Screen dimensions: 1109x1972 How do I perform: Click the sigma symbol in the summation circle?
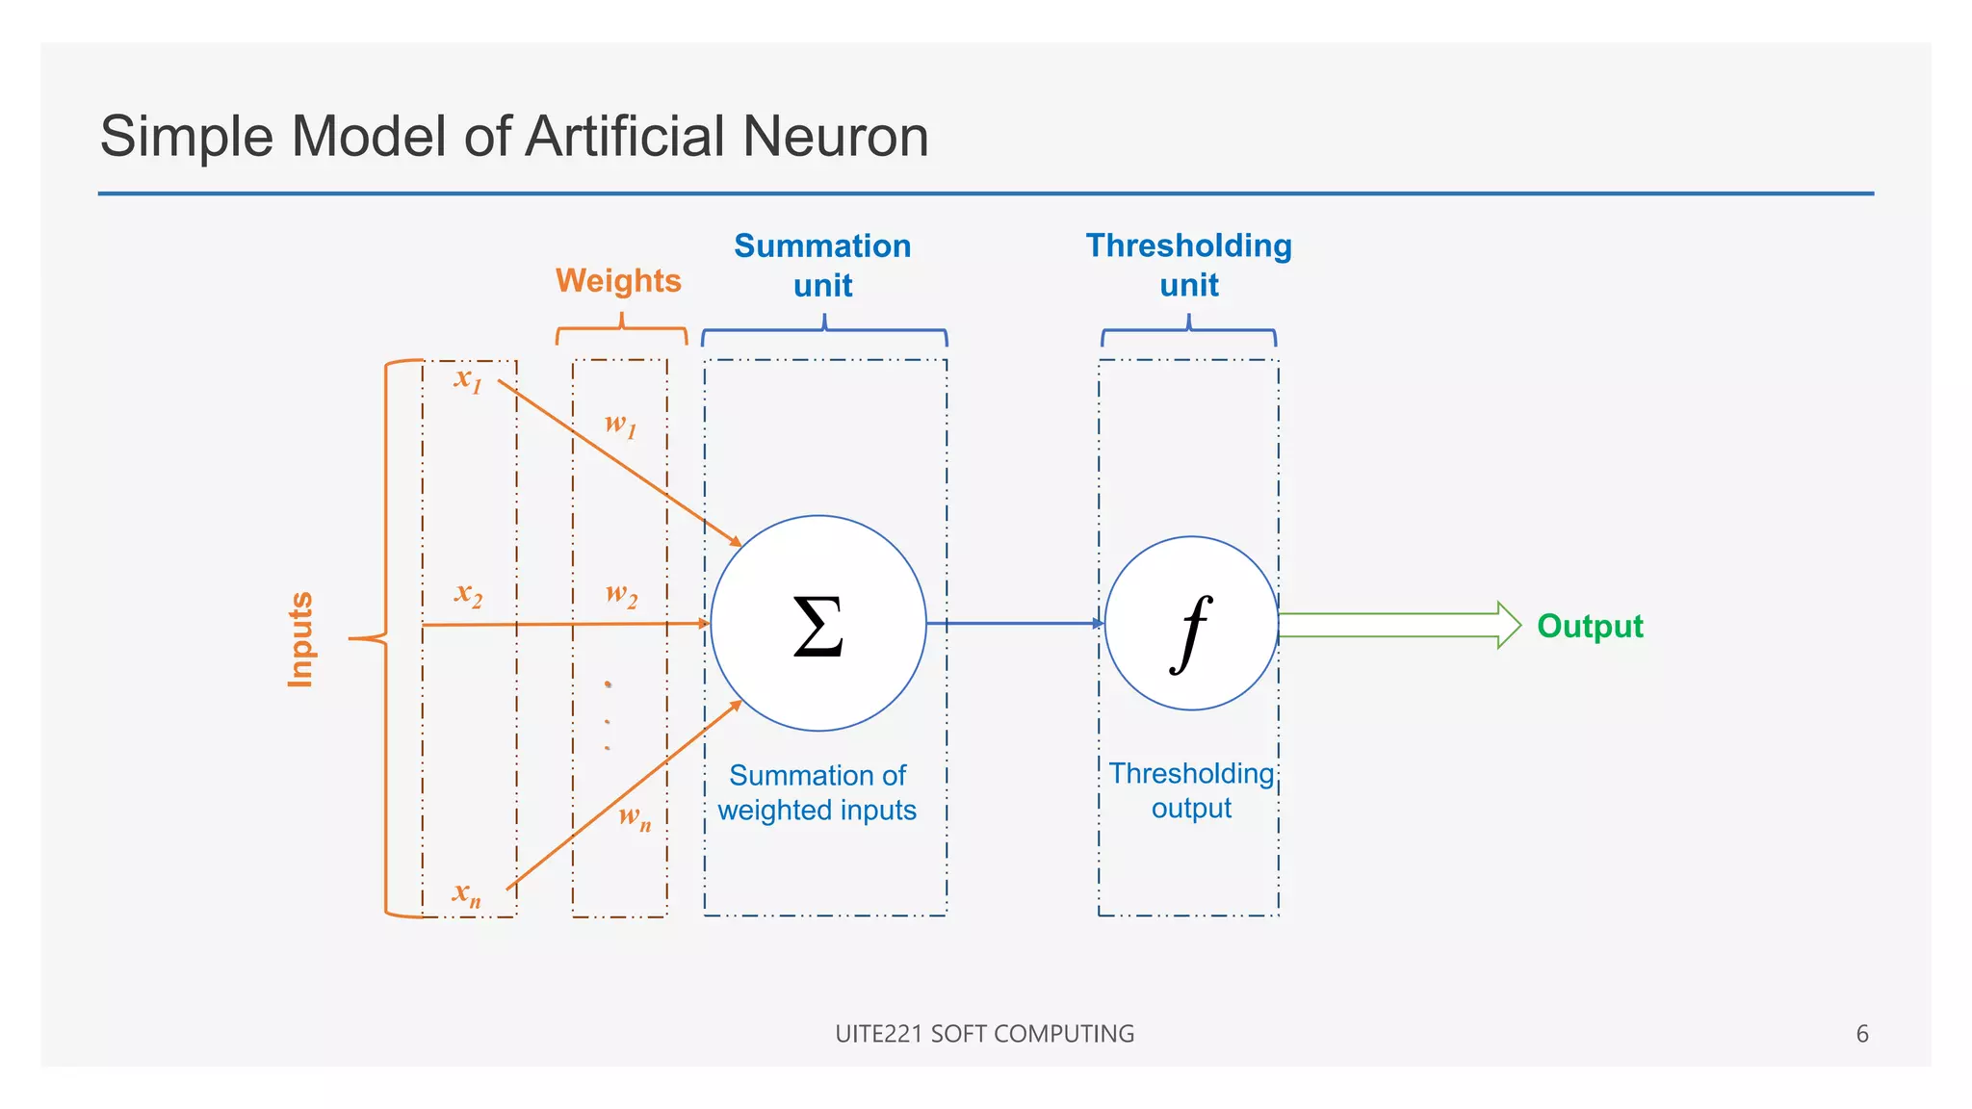point(818,626)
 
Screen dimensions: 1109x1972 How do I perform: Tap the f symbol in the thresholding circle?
point(1191,632)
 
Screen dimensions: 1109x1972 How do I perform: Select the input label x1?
point(468,379)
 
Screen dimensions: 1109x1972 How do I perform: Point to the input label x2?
point(468,594)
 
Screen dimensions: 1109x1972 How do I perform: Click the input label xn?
point(467,894)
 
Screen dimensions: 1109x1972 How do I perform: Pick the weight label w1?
point(620,425)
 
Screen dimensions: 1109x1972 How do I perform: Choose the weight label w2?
point(621,594)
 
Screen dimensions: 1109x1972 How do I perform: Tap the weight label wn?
point(635,818)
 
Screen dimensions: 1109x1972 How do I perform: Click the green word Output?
point(1590,626)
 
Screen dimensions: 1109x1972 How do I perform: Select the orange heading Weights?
point(618,281)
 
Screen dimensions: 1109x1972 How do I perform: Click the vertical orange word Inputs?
point(300,639)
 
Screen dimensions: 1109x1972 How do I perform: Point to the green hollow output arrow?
point(1396,625)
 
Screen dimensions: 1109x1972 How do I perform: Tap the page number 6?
point(1861,1034)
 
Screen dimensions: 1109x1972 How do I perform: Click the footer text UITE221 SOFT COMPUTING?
point(984,1034)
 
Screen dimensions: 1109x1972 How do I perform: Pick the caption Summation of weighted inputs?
point(817,792)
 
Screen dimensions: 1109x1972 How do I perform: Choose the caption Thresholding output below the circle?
point(1191,790)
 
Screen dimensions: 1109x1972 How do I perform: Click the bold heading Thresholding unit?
point(1188,265)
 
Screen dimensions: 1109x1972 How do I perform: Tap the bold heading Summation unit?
point(822,265)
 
